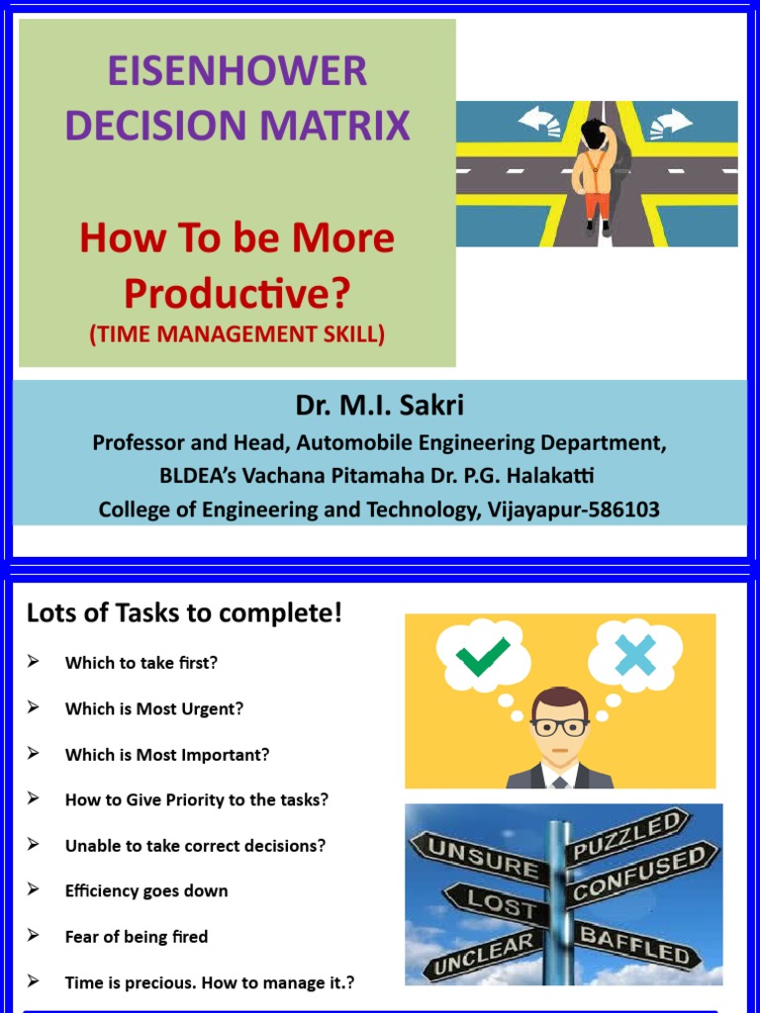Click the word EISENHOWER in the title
[237, 72]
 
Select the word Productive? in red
[237, 292]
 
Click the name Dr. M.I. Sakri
[379, 406]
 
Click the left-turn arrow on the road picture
[539, 122]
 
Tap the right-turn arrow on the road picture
[671, 122]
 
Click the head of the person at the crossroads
[595, 133]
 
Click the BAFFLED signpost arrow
[633, 945]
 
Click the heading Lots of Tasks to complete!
[184, 613]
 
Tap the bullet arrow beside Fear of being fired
[34, 935]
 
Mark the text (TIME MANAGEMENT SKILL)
[237, 334]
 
